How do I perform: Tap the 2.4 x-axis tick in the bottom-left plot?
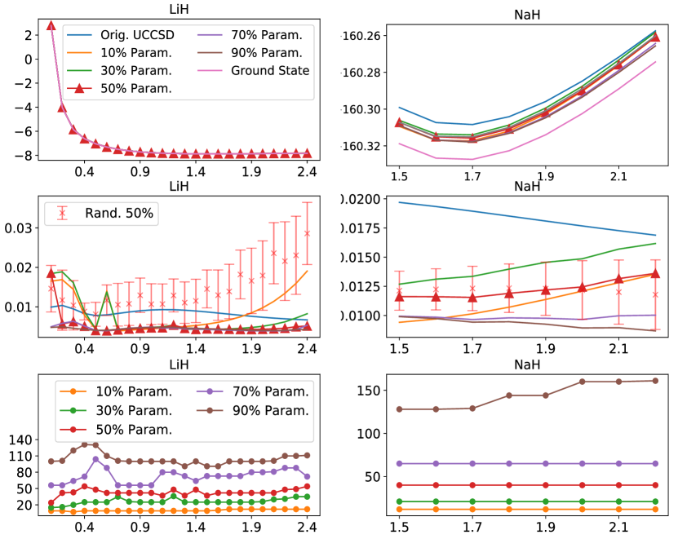[x=307, y=528]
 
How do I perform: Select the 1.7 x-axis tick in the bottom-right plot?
[x=472, y=528]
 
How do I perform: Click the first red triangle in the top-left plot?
[x=51, y=25]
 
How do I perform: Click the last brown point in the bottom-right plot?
[x=654, y=381]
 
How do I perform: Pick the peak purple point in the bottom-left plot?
[x=96, y=459]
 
